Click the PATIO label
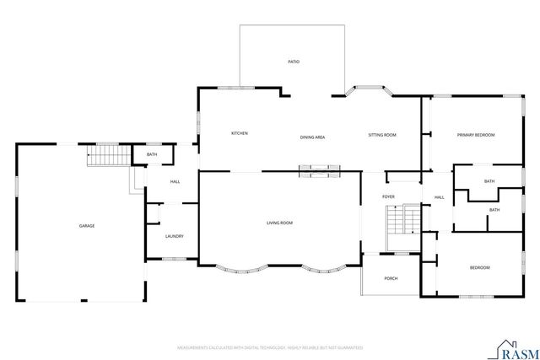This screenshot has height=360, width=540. (x=294, y=62)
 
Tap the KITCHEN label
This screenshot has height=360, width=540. (x=239, y=133)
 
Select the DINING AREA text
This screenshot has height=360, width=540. (x=312, y=137)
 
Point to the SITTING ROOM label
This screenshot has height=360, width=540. (x=382, y=135)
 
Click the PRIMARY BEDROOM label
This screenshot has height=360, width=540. (x=475, y=135)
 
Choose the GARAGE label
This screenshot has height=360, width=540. (x=86, y=226)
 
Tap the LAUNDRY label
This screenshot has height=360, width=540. (x=175, y=236)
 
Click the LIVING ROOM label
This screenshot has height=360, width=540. (x=279, y=223)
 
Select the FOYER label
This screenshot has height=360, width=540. (x=388, y=196)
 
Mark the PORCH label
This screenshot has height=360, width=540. (x=391, y=278)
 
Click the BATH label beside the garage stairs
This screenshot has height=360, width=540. (x=152, y=154)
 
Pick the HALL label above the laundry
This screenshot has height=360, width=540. (x=175, y=181)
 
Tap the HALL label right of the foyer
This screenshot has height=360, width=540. (x=439, y=197)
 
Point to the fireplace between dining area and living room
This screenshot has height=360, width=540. (x=321, y=171)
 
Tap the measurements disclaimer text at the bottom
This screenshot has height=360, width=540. (x=269, y=347)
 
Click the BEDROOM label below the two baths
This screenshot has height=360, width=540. (x=479, y=267)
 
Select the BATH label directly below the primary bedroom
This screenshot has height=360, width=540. (x=489, y=181)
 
